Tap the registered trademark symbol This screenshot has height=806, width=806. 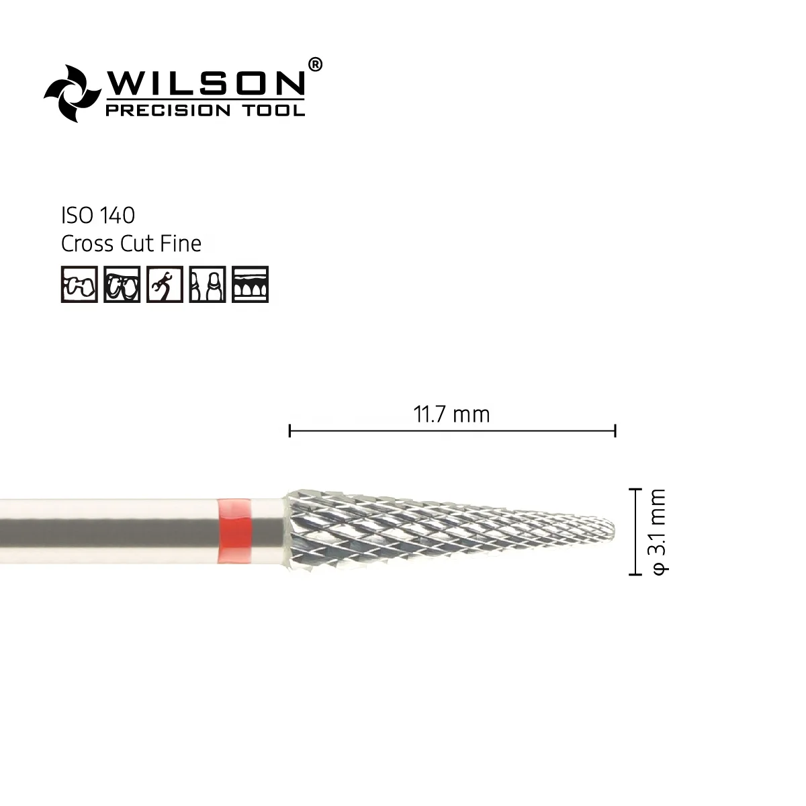pyautogui.click(x=314, y=64)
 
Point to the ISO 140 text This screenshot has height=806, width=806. pyautogui.click(x=98, y=216)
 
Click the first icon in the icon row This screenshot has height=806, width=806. pyautogui.click(x=79, y=284)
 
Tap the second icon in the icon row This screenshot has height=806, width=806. pyautogui.click(x=122, y=284)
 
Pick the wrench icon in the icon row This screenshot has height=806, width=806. pyautogui.click(x=165, y=284)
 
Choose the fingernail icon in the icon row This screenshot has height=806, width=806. pyautogui.click(x=207, y=284)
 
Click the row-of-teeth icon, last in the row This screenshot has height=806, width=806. pyautogui.click(x=250, y=284)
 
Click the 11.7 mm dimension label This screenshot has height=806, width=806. pyautogui.click(x=451, y=414)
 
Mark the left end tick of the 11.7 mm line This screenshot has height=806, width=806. pyautogui.click(x=289, y=431)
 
